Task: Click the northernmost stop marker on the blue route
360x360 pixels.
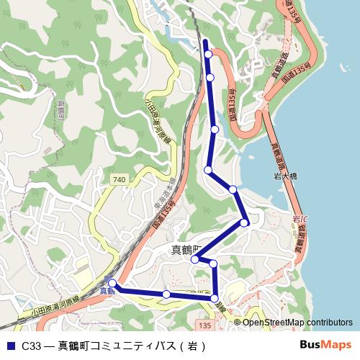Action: coord(209,54)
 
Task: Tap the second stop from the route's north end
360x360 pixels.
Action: coord(210,77)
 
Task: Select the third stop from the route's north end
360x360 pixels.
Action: coord(215,130)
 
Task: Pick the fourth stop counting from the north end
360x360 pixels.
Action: coord(208,170)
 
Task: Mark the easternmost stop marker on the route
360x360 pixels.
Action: coord(245,222)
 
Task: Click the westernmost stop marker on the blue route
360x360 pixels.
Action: coord(112,284)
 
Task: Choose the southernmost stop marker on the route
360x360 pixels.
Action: coord(215,297)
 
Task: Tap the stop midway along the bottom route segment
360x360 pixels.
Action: coord(166,294)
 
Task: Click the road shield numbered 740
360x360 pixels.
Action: coord(119,178)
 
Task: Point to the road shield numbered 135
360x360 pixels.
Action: coord(204,326)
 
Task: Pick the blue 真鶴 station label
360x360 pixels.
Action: coord(107,290)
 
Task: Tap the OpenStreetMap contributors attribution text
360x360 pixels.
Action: coord(297,323)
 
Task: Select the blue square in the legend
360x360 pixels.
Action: coord(10,345)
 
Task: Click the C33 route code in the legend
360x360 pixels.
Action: coord(30,345)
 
